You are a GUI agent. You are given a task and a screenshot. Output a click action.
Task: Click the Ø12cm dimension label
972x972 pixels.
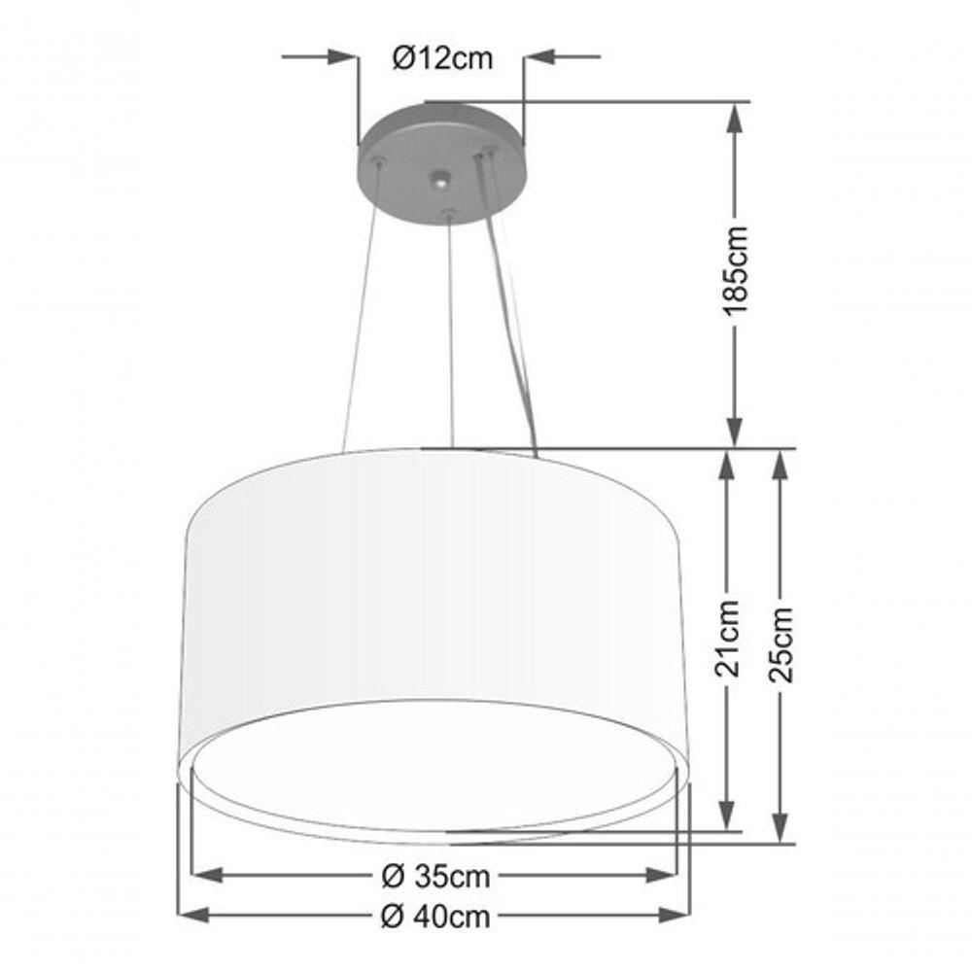[442, 58]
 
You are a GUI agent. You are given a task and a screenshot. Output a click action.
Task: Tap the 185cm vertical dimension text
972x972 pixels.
[736, 269]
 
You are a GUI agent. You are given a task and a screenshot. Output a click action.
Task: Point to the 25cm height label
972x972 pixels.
[781, 644]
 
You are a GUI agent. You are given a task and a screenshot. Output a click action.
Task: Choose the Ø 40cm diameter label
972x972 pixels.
[434, 916]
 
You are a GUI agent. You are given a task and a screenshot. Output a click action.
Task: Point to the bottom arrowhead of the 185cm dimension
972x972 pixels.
[736, 432]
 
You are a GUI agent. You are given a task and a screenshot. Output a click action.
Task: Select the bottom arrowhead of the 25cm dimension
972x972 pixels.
[781, 828]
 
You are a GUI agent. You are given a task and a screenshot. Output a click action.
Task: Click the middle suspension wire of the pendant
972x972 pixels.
[450, 330]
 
